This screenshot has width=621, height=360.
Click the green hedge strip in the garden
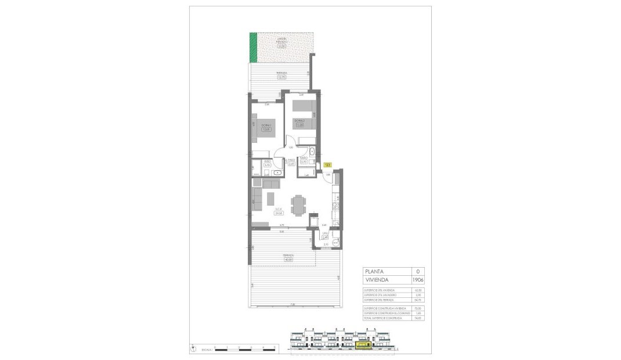coord(253,47)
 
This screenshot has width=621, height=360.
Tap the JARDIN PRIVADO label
coord(282,41)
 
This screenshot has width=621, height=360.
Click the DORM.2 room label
coord(299,120)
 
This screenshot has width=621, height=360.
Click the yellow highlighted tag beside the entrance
coord(327,164)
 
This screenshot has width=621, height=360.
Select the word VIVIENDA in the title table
coord(377,279)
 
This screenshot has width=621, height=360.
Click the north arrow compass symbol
coord(192,349)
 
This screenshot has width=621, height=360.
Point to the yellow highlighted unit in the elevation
coord(364,346)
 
